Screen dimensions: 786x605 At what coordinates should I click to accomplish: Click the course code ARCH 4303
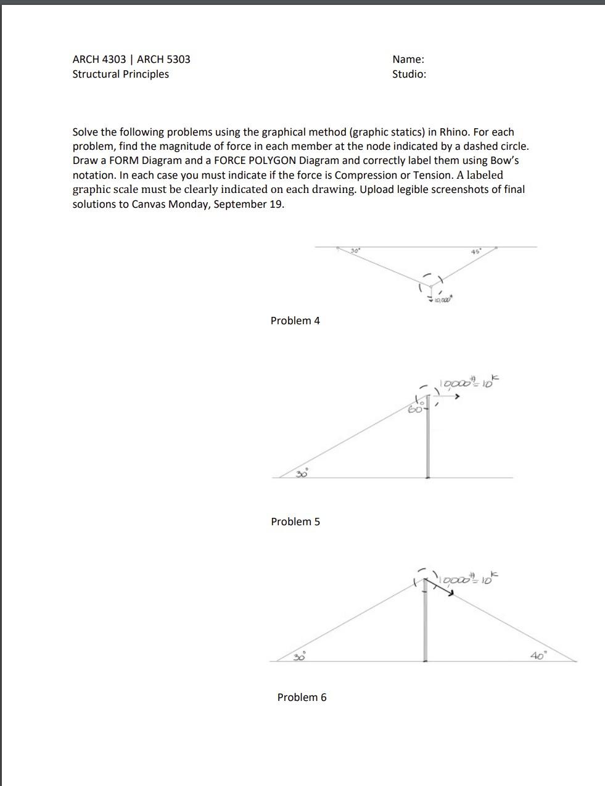(99, 59)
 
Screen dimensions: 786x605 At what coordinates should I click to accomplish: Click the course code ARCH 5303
(163, 59)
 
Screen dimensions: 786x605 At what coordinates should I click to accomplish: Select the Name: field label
(408, 59)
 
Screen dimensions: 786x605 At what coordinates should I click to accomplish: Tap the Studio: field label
(409, 74)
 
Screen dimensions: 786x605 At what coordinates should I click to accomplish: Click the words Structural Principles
(120, 74)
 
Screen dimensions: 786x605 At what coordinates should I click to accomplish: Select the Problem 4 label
(295, 321)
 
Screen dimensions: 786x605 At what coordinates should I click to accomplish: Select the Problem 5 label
(295, 522)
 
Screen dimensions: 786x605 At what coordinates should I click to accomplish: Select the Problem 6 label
(302, 697)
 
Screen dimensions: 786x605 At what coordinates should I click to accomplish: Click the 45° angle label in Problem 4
(475, 252)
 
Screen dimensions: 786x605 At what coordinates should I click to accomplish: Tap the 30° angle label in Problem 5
(302, 473)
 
